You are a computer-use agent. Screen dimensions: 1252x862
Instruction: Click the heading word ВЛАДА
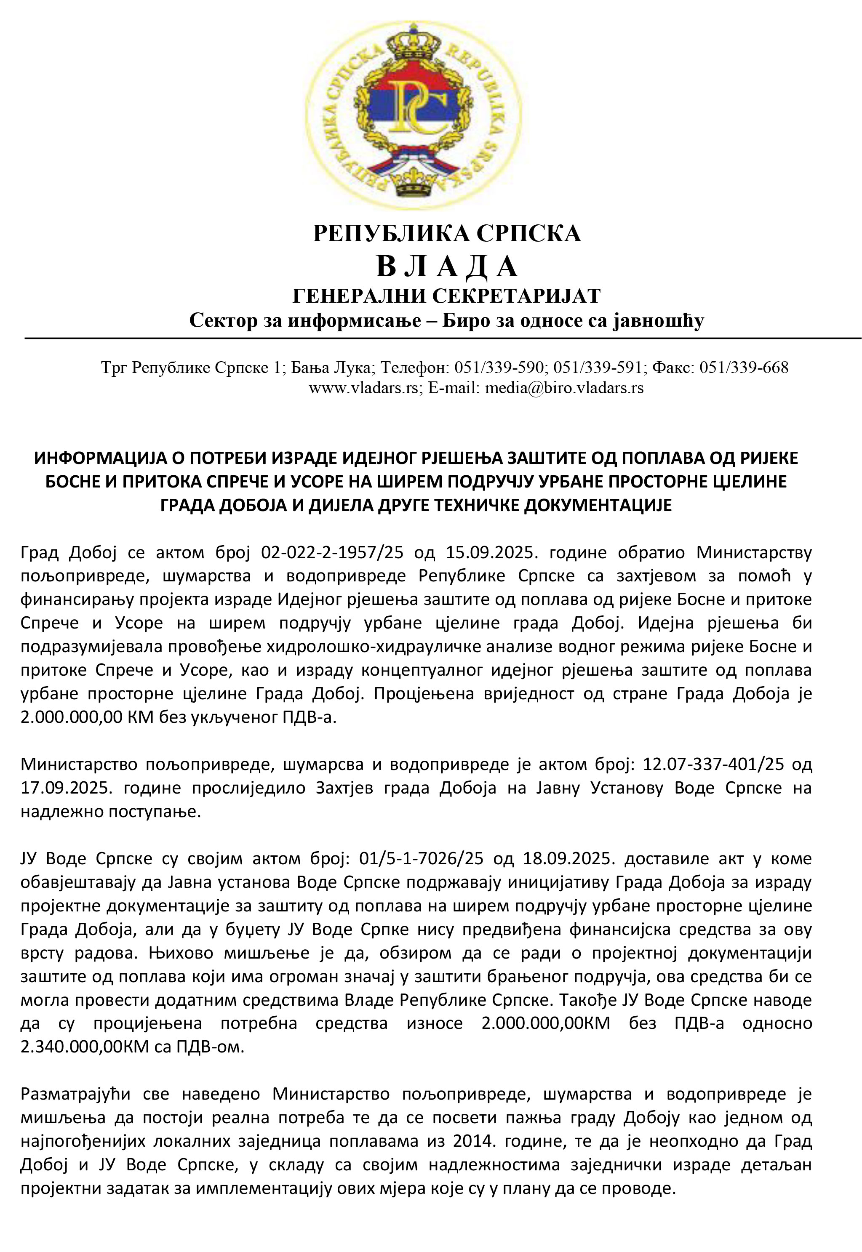click(447, 266)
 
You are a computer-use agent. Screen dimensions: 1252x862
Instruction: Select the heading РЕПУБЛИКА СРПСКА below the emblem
click(447, 233)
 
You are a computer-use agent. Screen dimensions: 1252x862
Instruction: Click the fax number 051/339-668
click(744, 368)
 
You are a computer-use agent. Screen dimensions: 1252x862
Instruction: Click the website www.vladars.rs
click(366, 388)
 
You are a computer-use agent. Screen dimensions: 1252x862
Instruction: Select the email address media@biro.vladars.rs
click(564, 388)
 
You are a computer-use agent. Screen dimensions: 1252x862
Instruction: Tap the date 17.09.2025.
click(66, 788)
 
